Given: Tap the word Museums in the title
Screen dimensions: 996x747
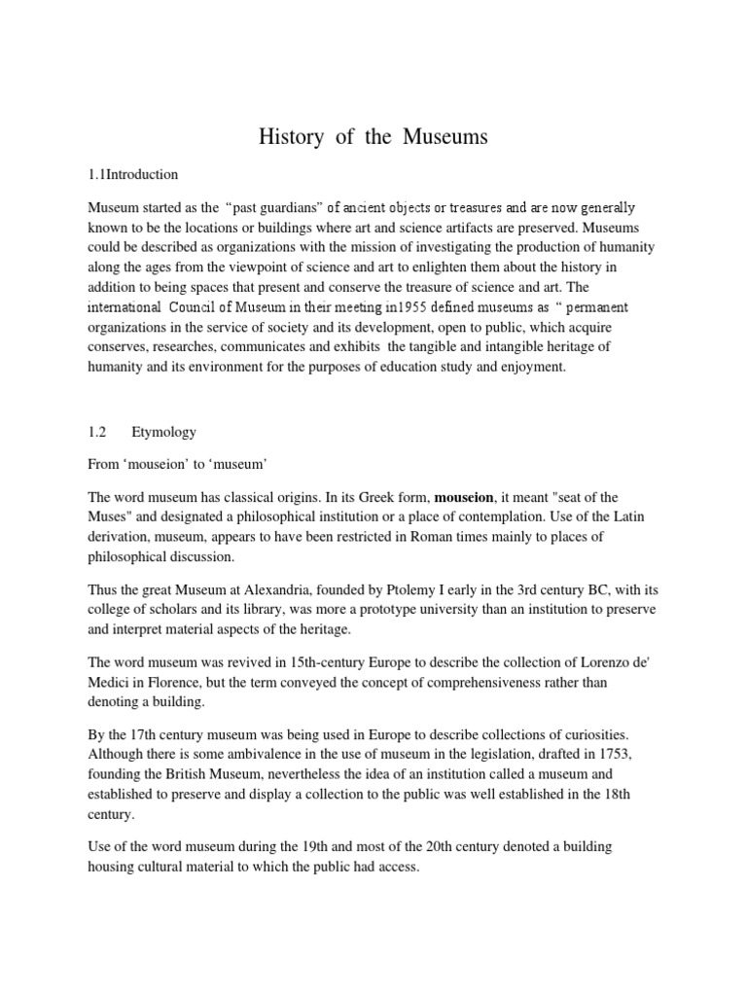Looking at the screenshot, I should pyautogui.click(x=443, y=137).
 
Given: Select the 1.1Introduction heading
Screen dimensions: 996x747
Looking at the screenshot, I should pyautogui.click(x=132, y=175).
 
